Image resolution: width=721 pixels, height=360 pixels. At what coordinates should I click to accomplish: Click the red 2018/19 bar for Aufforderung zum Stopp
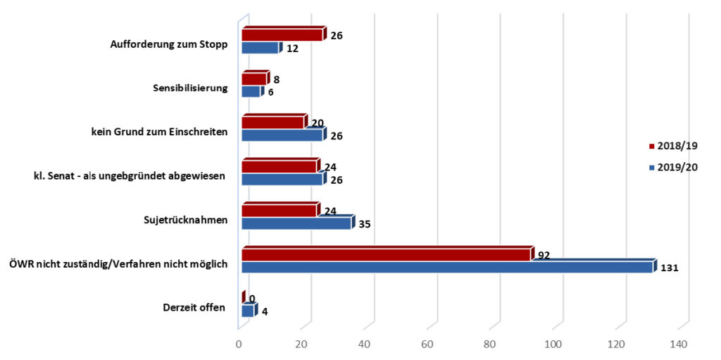coord(282,35)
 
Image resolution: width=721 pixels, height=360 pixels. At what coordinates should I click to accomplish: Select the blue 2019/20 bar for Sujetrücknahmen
coord(296,223)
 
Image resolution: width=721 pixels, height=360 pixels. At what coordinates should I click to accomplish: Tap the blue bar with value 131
coord(447,267)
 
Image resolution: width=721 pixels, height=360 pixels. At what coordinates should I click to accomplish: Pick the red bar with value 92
coord(386,254)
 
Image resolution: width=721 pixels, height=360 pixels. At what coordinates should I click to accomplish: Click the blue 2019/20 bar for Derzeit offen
coord(248,311)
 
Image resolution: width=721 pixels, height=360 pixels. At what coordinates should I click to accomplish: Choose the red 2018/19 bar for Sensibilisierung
coord(254,79)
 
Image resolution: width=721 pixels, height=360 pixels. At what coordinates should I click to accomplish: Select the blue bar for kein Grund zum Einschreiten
coord(282,135)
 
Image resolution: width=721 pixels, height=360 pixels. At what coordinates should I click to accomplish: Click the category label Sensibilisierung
coord(190,88)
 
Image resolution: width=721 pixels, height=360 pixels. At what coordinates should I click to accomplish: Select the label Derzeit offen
coord(194,307)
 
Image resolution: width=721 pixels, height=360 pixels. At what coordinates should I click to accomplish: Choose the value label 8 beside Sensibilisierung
coord(277,80)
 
